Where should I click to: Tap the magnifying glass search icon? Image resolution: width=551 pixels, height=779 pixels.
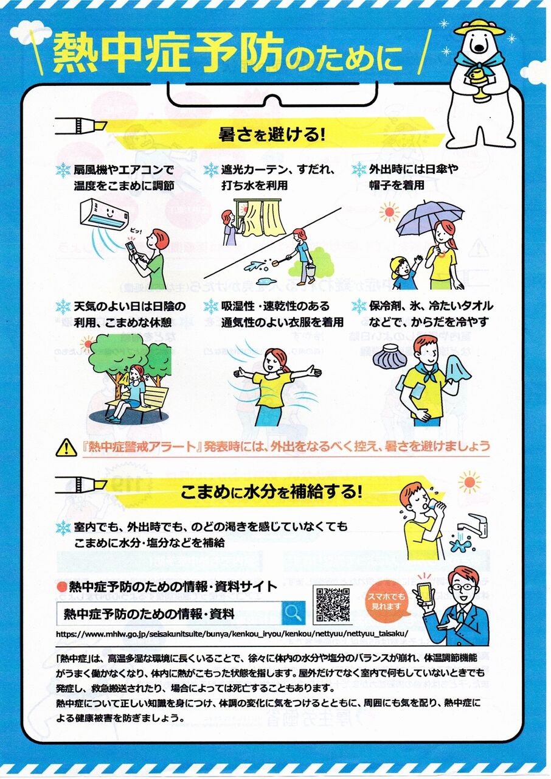[x=293, y=613]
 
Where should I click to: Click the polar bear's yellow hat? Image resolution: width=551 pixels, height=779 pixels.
[x=479, y=27]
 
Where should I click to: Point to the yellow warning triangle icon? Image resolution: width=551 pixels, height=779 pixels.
[x=66, y=447]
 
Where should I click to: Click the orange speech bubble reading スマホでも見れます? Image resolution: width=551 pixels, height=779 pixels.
[x=386, y=603]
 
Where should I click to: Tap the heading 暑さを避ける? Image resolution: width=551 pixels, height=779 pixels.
[x=272, y=135]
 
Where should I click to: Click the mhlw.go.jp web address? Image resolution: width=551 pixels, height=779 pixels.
[x=232, y=634]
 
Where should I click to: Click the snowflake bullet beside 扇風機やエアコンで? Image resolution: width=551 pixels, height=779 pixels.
[x=63, y=170]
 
